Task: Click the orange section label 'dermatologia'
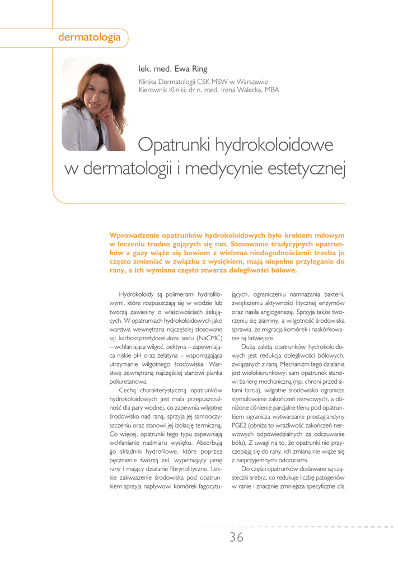(x=90, y=37)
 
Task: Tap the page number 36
(x=236, y=538)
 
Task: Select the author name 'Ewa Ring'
(x=191, y=69)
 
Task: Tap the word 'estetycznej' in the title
(x=302, y=168)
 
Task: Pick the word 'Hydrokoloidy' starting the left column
(x=138, y=295)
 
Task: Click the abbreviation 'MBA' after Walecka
(x=272, y=90)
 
